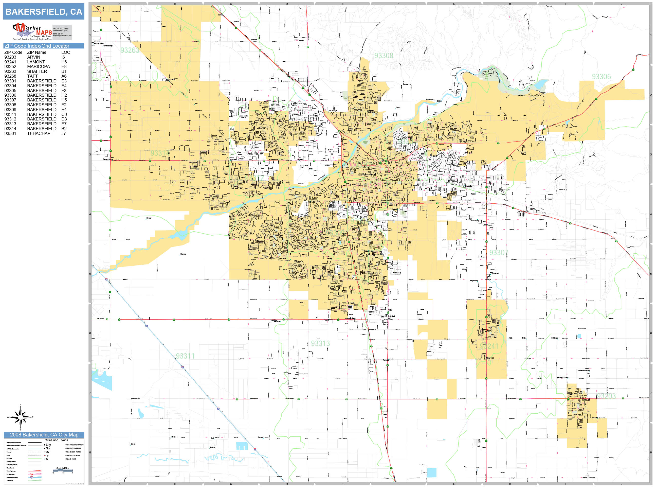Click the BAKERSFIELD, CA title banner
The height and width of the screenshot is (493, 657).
(44, 12)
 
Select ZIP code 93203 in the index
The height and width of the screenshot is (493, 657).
(10, 57)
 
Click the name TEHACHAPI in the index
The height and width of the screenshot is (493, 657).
(39, 133)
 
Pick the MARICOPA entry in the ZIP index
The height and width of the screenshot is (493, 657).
(38, 66)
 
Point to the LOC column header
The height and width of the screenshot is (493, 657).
(66, 52)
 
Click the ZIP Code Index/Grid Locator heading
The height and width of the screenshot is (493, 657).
(37, 46)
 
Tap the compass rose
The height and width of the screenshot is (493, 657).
(20, 417)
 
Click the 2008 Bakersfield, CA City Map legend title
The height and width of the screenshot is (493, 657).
(44, 435)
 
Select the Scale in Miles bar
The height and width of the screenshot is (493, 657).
(62, 471)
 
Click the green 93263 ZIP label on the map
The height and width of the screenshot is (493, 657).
(130, 50)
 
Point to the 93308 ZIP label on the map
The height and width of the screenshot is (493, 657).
(384, 56)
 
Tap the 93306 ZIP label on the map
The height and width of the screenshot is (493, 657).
(601, 77)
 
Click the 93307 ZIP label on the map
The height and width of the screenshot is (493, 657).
(498, 253)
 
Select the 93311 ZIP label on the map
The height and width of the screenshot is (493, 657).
(185, 356)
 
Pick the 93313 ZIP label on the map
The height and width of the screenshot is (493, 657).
(320, 344)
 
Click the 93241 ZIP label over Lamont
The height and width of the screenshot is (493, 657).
(489, 346)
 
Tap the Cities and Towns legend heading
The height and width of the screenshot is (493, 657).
(56, 440)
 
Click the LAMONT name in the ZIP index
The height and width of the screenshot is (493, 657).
(36, 62)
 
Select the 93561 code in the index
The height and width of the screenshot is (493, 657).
(10, 133)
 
